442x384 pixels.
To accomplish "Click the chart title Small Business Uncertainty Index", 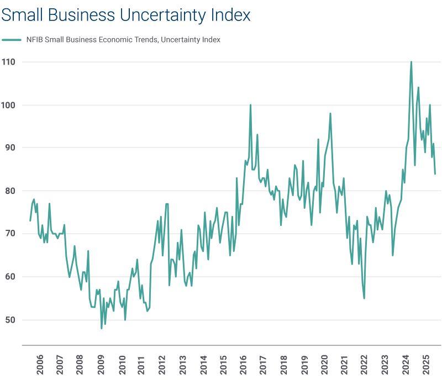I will (125, 15).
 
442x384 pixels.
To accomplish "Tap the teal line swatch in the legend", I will (11, 40).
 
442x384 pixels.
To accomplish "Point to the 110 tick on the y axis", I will (8, 62).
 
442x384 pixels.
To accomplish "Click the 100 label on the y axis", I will (8, 105).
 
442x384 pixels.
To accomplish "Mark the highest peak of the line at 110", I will (411, 62).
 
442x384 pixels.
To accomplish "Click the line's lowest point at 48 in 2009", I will (102, 328).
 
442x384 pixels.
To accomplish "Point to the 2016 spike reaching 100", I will (250, 105).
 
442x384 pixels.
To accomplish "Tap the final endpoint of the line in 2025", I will (435, 174).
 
